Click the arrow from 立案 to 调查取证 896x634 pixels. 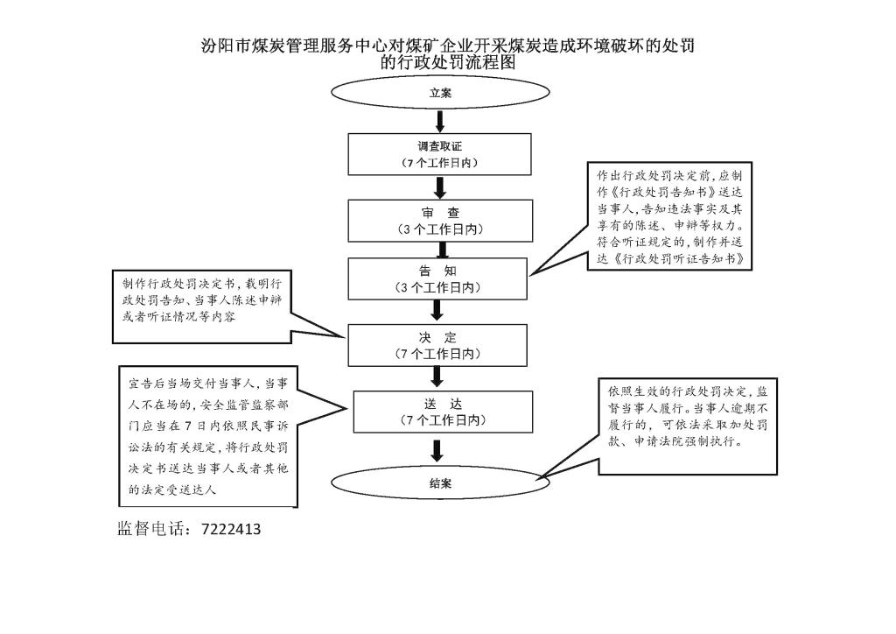point(440,121)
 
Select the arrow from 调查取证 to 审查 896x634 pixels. point(440,187)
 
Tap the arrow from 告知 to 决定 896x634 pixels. point(437,310)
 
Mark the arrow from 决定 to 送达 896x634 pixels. point(437,377)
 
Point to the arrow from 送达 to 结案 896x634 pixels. point(437,450)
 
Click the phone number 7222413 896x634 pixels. point(231,530)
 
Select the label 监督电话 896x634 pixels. point(150,529)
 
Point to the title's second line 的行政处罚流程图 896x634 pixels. point(448,62)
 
